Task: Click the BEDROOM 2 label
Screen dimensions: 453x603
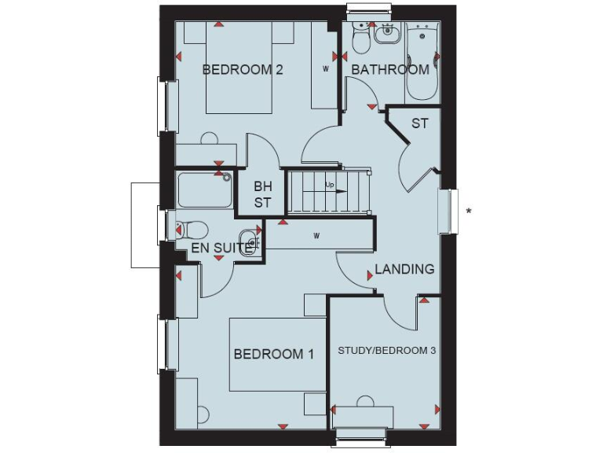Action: pyautogui.click(x=243, y=69)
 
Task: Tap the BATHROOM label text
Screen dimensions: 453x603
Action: pyautogui.click(x=390, y=69)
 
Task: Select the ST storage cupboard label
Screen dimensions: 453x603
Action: pyautogui.click(x=420, y=123)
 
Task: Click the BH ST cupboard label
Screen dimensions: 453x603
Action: pyautogui.click(x=262, y=195)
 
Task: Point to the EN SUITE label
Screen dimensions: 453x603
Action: pyautogui.click(x=222, y=249)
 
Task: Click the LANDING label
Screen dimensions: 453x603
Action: pyautogui.click(x=404, y=269)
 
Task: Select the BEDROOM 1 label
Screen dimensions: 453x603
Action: pyautogui.click(x=274, y=354)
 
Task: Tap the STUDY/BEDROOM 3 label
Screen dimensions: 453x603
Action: pyautogui.click(x=386, y=350)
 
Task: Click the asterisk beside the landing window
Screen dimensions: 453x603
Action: pyautogui.click(x=469, y=211)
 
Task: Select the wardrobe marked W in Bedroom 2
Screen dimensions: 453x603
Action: pyautogui.click(x=324, y=67)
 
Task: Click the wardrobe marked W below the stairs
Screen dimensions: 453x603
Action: pyautogui.click(x=318, y=235)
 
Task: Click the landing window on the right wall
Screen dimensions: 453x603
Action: pyautogui.click(x=448, y=211)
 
